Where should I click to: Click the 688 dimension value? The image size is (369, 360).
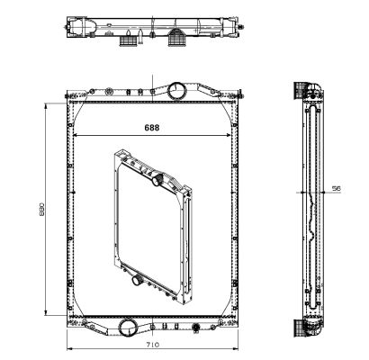(153, 128)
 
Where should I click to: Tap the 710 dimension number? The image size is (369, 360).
(154, 346)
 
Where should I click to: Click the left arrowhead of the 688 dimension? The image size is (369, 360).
(75, 136)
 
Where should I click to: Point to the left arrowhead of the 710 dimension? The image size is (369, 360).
(69, 349)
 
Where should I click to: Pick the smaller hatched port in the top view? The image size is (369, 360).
(130, 40)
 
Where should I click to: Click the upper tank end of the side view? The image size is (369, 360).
(310, 91)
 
